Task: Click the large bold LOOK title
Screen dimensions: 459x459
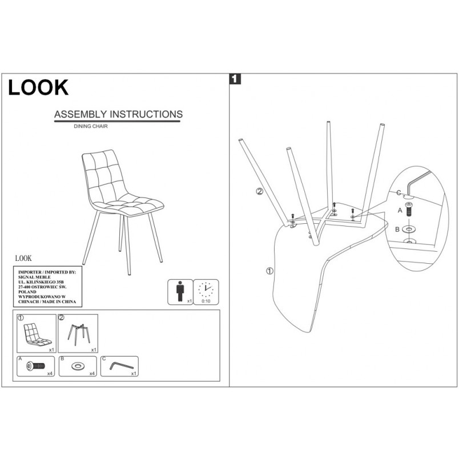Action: pyautogui.click(x=38, y=87)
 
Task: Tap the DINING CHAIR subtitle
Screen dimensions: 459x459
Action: pyautogui.click(x=91, y=126)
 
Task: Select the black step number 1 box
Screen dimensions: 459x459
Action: pyautogui.click(x=235, y=79)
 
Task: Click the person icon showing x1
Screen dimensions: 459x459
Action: pyautogui.click(x=180, y=291)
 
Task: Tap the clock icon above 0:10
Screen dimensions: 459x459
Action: pyautogui.click(x=206, y=289)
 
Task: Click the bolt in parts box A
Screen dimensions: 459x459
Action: pyautogui.click(x=36, y=366)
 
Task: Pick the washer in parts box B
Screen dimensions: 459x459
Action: pyautogui.click(x=77, y=366)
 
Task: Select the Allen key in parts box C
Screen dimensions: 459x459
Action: pyautogui.click(x=122, y=366)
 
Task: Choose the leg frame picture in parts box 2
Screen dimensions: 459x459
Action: pyautogui.click(x=79, y=334)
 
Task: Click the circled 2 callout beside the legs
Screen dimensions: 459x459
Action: pyautogui.click(x=260, y=192)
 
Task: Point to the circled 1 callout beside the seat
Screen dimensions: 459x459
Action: pyautogui.click(x=269, y=271)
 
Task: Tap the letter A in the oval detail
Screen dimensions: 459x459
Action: pyautogui.click(x=400, y=210)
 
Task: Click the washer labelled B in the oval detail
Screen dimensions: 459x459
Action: pyautogui.click(x=409, y=229)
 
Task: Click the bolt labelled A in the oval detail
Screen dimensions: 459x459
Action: pyautogui.click(x=409, y=210)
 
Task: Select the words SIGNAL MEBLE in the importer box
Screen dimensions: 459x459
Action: pyautogui.click(x=35, y=277)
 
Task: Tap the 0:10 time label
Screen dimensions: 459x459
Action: pyautogui.click(x=206, y=301)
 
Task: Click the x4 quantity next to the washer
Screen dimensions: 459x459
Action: pyautogui.click(x=92, y=373)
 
